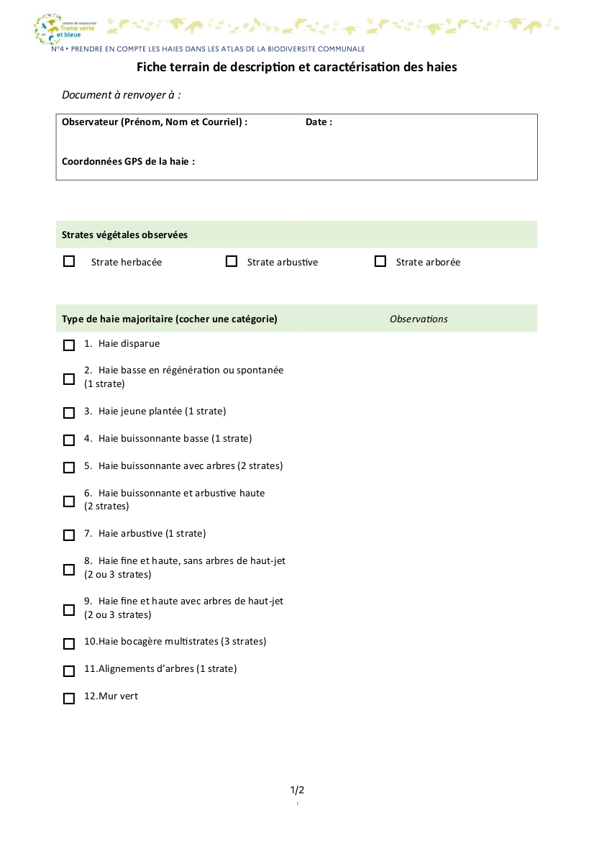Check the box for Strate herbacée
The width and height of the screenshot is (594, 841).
pos(69,262)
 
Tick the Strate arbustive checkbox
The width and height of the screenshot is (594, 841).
pos(232,262)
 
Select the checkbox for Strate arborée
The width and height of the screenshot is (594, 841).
pos(380,262)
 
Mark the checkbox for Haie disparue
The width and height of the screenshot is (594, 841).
pos(69,345)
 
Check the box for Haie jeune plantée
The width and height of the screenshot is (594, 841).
pos(69,413)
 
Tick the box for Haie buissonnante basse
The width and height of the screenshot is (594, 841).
pos(69,440)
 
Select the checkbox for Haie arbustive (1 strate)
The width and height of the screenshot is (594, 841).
pos(69,535)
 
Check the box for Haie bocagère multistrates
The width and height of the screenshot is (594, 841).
pos(69,643)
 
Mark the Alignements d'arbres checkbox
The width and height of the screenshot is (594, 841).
pos(69,670)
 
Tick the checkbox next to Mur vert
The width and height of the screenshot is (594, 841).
pos(69,698)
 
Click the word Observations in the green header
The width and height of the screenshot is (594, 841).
pos(419,319)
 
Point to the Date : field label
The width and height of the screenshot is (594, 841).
pos(319,122)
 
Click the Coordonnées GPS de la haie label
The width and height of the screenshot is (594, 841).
pos(128,162)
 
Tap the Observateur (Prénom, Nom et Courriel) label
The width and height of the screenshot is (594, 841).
pos(155,122)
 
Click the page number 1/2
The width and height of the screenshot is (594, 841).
pos(297,790)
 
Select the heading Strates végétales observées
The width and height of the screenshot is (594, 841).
pos(124,235)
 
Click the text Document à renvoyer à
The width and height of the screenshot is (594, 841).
pos(121,95)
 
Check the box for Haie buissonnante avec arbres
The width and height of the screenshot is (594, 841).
pos(69,468)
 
